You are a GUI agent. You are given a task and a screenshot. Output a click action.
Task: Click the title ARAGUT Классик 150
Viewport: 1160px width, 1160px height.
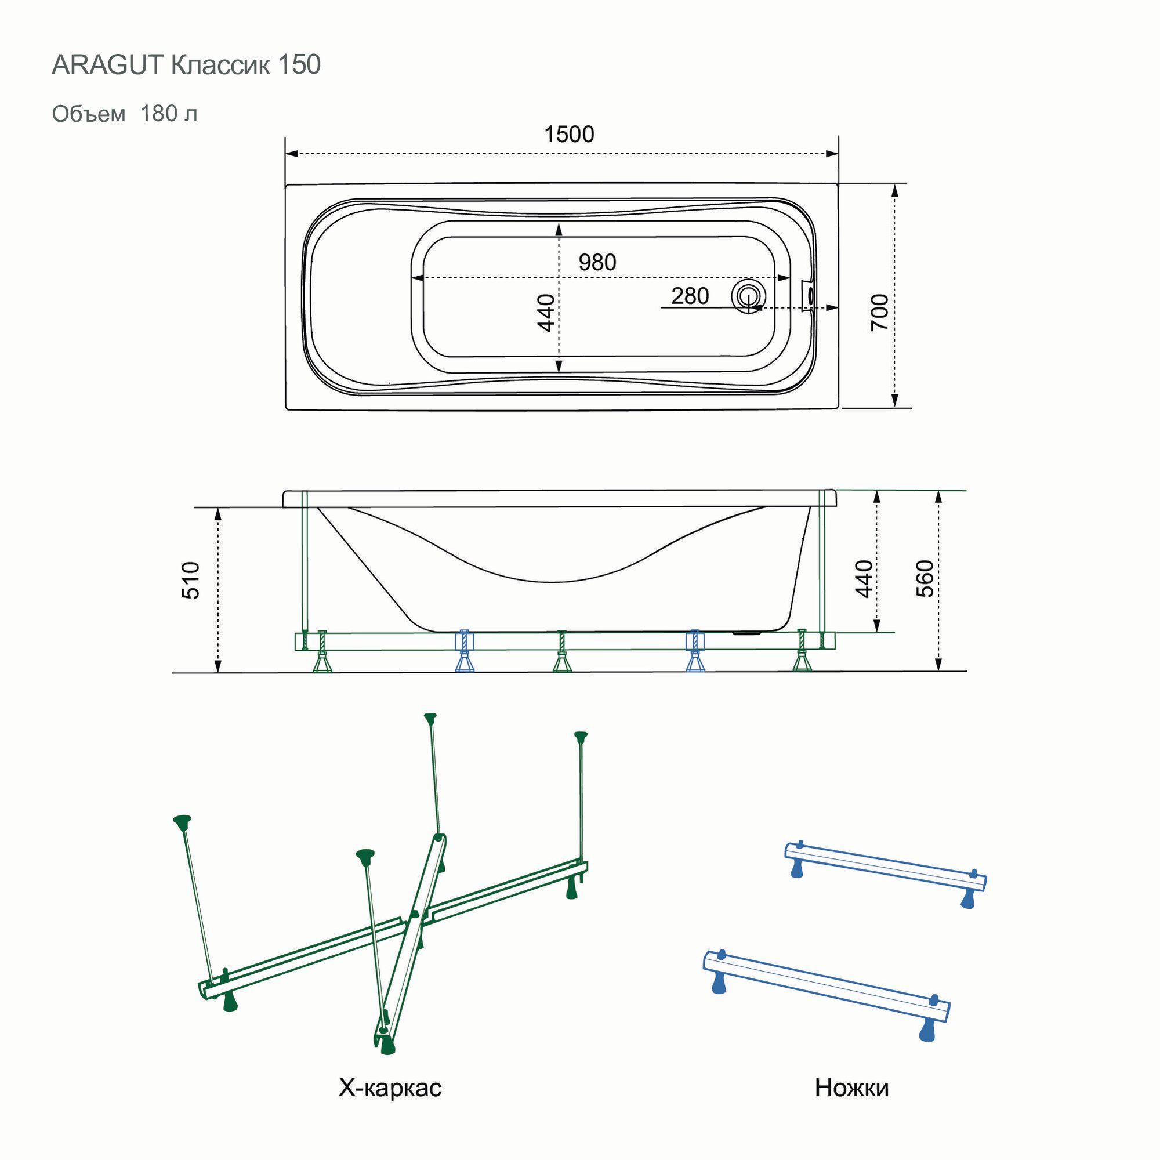[x=186, y=65]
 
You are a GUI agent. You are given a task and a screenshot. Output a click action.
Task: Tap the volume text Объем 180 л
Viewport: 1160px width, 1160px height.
[x=124, y=114]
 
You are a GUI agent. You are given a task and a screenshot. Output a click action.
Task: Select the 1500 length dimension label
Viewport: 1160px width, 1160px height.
[x=568, y=134]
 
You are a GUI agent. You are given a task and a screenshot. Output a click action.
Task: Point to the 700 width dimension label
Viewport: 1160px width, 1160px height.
[x=880, y=311]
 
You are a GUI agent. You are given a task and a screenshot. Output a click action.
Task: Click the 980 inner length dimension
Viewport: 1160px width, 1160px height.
[x=597, y=262]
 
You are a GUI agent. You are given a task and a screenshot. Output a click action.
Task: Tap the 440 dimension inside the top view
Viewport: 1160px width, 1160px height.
[x=546, y=312]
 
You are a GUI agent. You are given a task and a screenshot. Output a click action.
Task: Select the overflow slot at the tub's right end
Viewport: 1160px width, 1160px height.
[x=809, y=295]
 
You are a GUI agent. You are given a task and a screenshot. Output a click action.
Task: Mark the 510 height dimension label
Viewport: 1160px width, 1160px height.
[x=190, y=581]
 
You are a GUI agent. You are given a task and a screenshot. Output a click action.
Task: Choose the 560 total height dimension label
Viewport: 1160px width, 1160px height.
[x=925, y=578]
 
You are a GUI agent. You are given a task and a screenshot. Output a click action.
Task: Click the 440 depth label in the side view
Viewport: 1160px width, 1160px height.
[x=864, y=578]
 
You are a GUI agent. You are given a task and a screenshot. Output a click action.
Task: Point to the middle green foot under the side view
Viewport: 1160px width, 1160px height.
[x=561, y=661]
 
